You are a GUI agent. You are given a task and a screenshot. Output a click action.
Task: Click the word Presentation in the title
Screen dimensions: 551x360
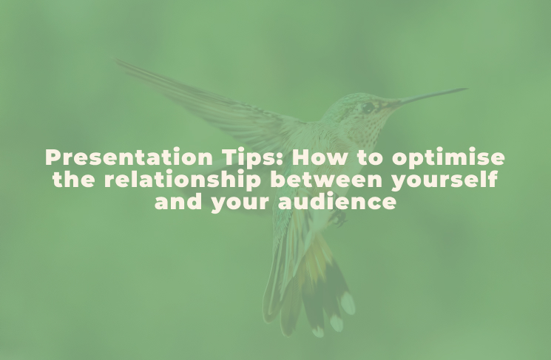pos(129,157)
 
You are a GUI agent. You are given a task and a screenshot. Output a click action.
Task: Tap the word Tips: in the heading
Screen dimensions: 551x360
pos(252,157)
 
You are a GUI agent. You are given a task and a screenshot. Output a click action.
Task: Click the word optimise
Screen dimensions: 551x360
pos(448,158)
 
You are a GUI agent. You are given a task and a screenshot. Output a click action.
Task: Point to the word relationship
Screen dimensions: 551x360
pos(183,180)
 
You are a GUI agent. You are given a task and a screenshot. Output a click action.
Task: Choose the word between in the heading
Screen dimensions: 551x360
pos(326,180)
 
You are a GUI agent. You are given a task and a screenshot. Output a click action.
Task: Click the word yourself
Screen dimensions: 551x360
pos(444,180)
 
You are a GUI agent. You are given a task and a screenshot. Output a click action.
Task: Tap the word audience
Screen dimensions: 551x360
pos(337,201)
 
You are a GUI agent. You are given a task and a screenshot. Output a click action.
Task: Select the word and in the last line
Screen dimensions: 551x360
pos(178,201)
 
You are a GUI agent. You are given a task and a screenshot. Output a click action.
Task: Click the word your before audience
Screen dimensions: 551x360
pos(240,203)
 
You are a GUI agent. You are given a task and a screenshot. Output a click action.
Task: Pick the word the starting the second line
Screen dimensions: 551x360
pos(74,180)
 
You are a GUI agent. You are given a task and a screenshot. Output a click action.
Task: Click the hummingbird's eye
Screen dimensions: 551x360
pos(368,107)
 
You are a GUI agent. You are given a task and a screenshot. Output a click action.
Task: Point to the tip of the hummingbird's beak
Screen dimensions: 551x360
pos(467,89)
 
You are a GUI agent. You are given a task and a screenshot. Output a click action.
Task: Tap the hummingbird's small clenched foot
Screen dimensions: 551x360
pos(339,218)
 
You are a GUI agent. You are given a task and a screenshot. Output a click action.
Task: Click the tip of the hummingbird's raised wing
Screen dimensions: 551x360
pos(116,60)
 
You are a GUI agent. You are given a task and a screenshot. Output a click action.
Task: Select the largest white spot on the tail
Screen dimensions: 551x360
pos(348,303)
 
